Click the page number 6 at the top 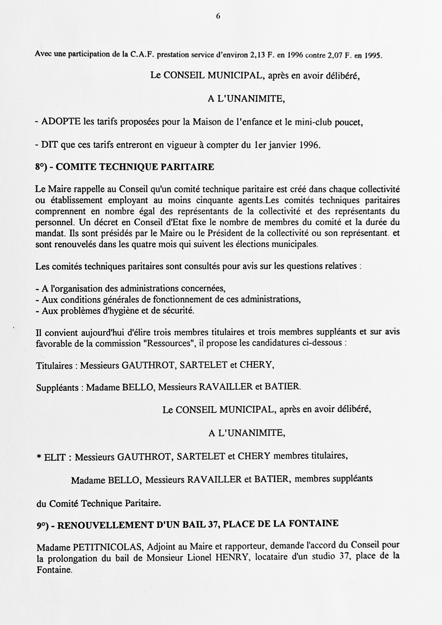(218, 17)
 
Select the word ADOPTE (61, 122)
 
